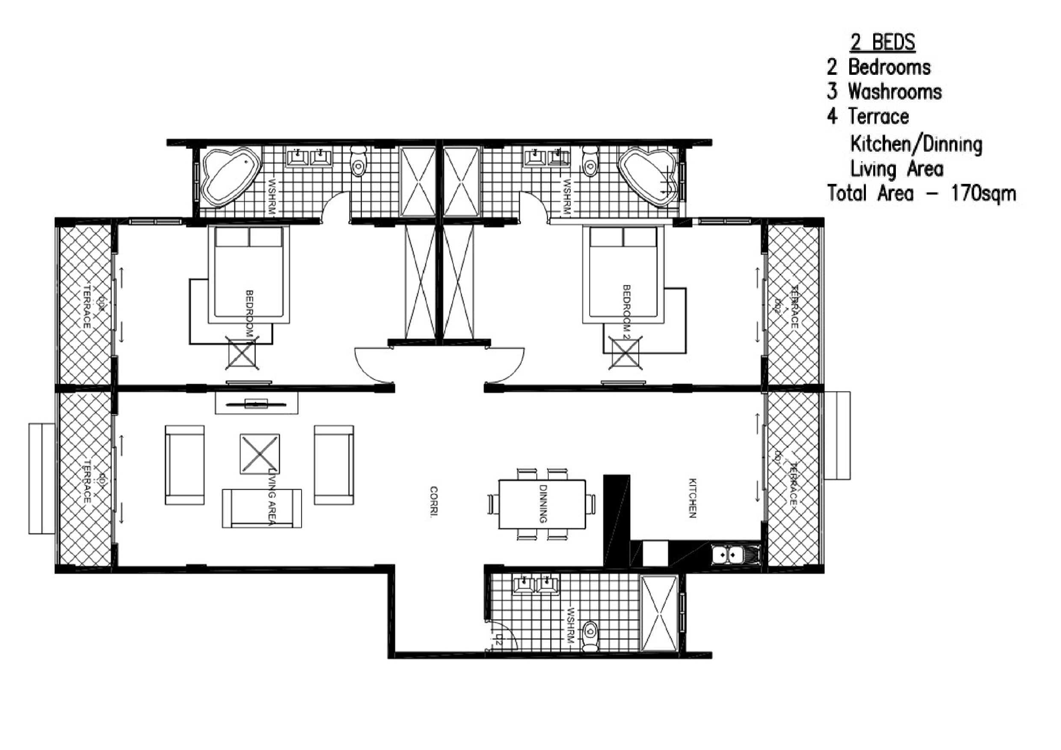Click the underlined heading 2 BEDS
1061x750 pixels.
[x=882, y=42]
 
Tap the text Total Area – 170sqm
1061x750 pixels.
[x=922, y=193]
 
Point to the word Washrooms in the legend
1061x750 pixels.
[x=895, y=92]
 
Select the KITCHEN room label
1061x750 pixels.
[x=692, y=498]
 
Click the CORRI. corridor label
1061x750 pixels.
[x=433, y=501]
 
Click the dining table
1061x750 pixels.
[x=542, y=504]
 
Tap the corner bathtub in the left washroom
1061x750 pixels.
[x=229, y=177]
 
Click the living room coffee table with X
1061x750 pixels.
[x=259, y=454]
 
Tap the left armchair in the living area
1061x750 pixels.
[x=184, y=465]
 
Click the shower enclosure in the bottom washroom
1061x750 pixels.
[x=659, y=614]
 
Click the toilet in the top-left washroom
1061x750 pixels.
[x=358, y=162]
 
